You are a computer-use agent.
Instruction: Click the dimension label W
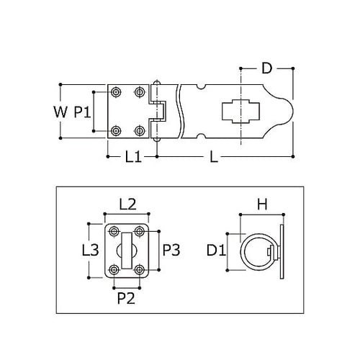(60, 112)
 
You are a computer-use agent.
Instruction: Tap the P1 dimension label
(82, 112)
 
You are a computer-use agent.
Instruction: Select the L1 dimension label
(133, 157)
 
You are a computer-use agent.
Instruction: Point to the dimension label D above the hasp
(266, 68)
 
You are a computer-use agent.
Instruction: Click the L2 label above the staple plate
(127, 204)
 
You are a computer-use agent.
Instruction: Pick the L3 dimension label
(90, 250)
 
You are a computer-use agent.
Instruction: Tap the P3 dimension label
(171, 250)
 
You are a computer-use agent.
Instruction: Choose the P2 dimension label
(126, 298)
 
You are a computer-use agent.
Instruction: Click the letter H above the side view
(262, 204)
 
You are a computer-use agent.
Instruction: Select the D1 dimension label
(216, 251)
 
